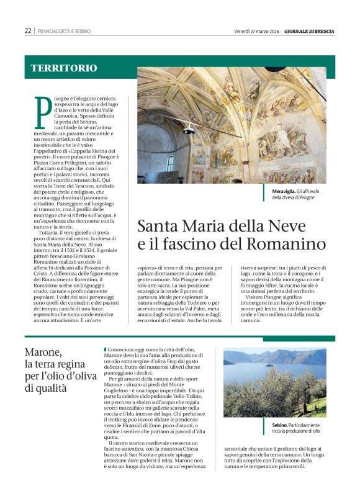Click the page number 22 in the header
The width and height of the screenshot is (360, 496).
(28, 30)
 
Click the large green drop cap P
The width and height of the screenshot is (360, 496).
(43, 112)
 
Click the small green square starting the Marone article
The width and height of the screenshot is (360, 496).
(106, 349)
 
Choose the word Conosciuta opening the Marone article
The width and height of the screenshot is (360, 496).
(120, 350)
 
